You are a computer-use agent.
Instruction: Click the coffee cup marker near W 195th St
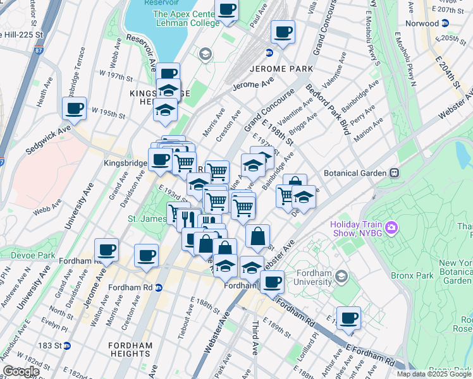tap(74, 109)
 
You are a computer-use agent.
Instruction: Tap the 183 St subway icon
tap(66, 346)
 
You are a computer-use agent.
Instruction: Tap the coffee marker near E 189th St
tap(348, 318)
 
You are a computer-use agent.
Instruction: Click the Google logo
tap(21, 372)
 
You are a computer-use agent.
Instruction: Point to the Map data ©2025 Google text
tap(434, 374)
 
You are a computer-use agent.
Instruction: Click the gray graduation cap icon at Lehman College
tap(204, 55)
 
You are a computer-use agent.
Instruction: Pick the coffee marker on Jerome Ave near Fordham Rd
tap(107, 250)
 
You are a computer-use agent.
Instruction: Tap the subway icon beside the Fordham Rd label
tap(159, 287)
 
